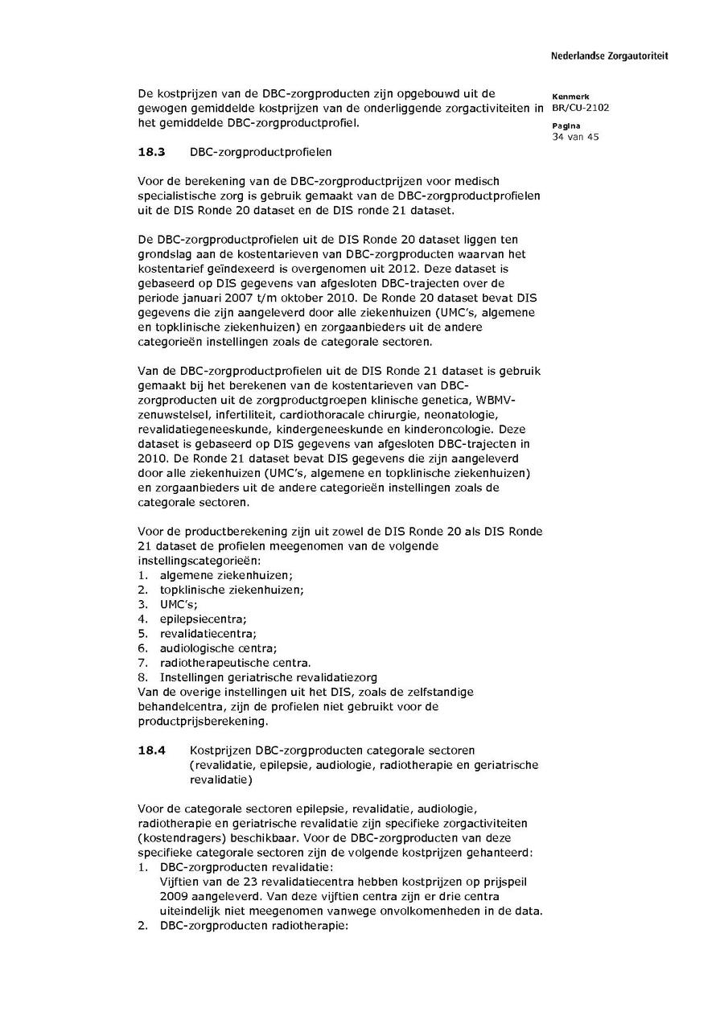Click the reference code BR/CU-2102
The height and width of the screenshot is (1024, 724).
point(581,108)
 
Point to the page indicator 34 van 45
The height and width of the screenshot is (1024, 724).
point(575,137)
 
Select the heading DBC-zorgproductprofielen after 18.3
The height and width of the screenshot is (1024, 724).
point(261,152)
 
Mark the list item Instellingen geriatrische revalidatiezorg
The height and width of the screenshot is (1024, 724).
point(269,677)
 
